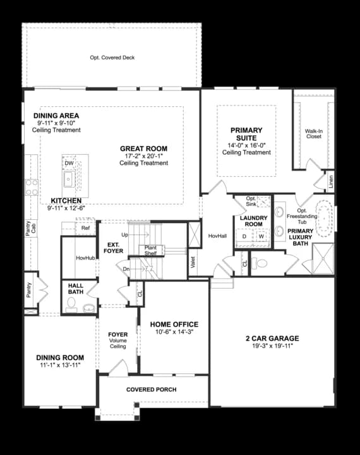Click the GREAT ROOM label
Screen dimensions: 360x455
click(143, 149)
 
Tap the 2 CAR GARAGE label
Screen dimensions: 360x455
click(272, 338)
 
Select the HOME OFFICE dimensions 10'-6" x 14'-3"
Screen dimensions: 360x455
click(174, 332)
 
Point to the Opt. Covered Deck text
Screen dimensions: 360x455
click(112, 58)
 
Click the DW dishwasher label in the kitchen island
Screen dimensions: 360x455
click(69, 163)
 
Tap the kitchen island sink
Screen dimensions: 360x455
click(69, 179)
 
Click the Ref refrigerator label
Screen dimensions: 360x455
click(85, 228)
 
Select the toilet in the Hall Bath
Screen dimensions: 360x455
click(71, 305)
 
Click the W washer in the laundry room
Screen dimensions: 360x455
click(261, 236)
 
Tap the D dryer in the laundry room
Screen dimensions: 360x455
click(244, 236)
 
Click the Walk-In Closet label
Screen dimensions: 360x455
click(314, 133)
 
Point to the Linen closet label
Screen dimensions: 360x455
click(331, 181)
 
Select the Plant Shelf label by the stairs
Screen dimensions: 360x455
click(150, 250)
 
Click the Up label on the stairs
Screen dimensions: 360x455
click(125, 234)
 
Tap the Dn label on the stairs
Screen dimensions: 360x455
click(126, 269)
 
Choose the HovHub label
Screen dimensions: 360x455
click(85, 258)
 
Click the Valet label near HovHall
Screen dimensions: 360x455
click(193, 262)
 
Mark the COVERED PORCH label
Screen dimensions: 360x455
click(152, 389)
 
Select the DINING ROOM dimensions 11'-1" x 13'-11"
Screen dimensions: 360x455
click(60, 365)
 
